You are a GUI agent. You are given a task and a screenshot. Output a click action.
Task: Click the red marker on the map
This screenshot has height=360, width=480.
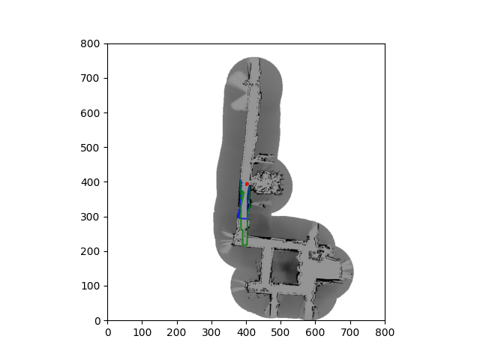247,184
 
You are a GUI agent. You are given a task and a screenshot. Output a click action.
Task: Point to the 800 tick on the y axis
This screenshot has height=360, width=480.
90,43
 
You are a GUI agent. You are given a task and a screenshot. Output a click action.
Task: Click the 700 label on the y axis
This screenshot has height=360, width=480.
90,78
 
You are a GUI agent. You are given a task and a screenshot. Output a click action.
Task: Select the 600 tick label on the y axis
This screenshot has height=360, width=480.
90,113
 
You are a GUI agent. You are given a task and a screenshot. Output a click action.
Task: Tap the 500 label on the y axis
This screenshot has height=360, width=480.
90,148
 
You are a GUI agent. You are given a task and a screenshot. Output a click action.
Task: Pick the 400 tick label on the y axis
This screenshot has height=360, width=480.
90,182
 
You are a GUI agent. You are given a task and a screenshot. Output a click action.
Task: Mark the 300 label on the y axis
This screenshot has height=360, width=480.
90,217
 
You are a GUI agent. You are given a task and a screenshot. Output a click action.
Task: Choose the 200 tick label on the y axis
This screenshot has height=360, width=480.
90,252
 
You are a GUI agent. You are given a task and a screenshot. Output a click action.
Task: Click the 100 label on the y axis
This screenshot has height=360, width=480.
90,286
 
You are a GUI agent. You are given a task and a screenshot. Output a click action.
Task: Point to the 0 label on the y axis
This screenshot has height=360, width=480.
97,321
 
